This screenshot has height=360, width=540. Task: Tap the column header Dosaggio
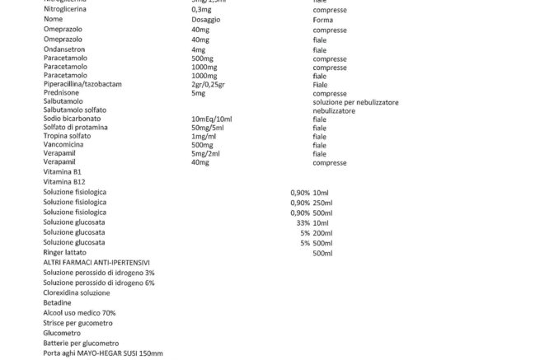point(204,18)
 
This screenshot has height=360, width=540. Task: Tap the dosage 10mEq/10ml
point(211,119)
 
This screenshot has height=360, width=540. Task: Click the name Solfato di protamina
point(79,128)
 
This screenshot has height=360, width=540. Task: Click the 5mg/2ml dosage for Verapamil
point(204,154)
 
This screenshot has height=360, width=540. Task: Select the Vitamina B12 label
point(64,181)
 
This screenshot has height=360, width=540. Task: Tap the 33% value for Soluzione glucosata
point(302,223)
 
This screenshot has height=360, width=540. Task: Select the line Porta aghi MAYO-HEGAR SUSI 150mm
point(103,353)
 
